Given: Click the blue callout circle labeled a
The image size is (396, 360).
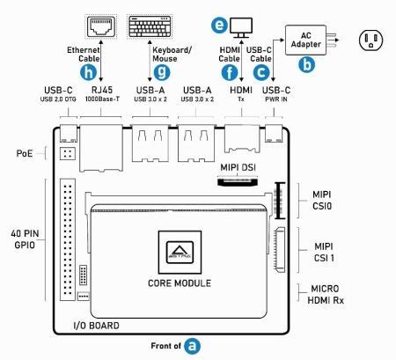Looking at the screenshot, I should pos(192,347).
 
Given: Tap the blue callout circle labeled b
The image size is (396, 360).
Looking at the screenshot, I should pos(307,64).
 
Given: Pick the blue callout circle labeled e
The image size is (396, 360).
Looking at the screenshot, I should pos(220,26).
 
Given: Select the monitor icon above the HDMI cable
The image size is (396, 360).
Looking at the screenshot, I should pos(238,26).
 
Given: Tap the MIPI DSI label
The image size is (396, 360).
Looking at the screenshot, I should pos(238,165).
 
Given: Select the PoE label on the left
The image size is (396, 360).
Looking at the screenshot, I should pos(25,152).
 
